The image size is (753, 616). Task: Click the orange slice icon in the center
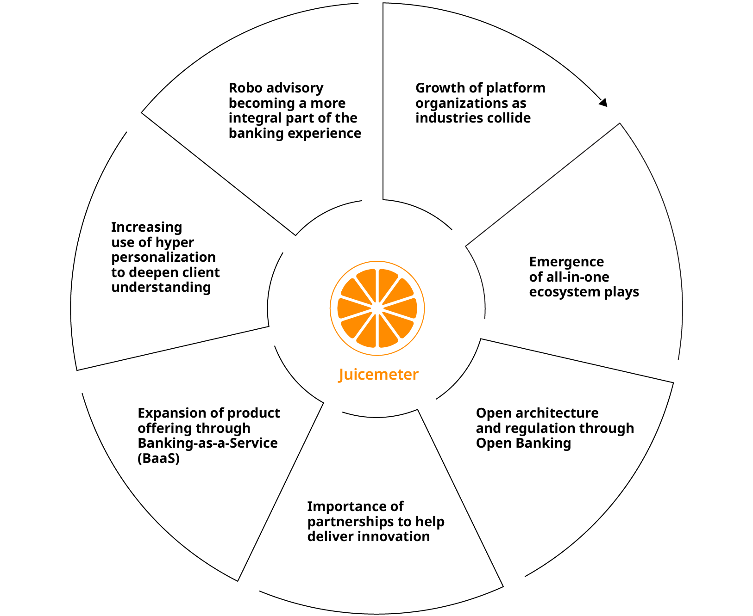(377, 308)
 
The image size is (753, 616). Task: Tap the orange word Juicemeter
(378, 374)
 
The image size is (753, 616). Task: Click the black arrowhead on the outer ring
(603, 102)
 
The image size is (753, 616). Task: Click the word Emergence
(566, 262)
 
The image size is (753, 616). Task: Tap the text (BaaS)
(158, 458)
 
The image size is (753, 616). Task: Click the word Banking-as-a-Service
(207, 443)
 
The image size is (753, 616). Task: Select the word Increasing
(146, 227)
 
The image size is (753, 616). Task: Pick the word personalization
(163, 257)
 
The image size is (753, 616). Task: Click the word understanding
(161, 287)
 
